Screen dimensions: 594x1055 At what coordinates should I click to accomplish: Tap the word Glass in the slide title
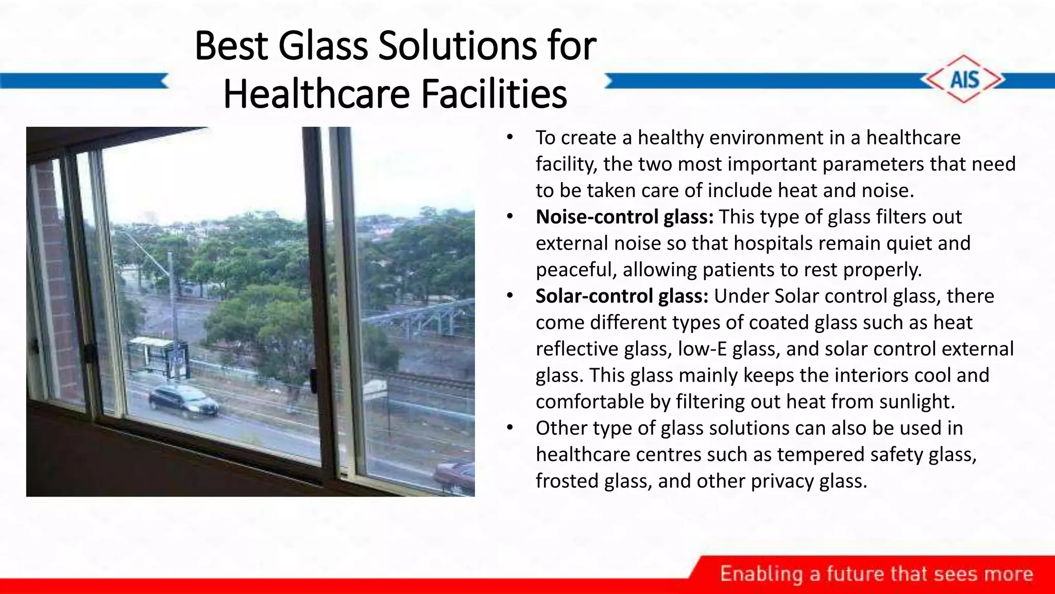tap(323, 45)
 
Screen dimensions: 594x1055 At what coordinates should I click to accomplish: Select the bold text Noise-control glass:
tap(624, 217)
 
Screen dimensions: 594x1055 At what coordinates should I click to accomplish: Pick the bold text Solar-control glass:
tap(622, 296)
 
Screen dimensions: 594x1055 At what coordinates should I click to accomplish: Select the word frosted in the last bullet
tap(567, 481)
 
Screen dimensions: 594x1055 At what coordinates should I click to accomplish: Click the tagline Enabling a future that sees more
tap(876, 574)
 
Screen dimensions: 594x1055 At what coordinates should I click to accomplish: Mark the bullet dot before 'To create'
tap(509, 137)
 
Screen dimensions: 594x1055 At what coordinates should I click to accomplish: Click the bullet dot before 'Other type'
tap(509, 427)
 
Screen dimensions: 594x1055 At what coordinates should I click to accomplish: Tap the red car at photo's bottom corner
tap(455, 474)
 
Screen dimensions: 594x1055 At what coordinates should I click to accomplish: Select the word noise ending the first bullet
tap(888, 191)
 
